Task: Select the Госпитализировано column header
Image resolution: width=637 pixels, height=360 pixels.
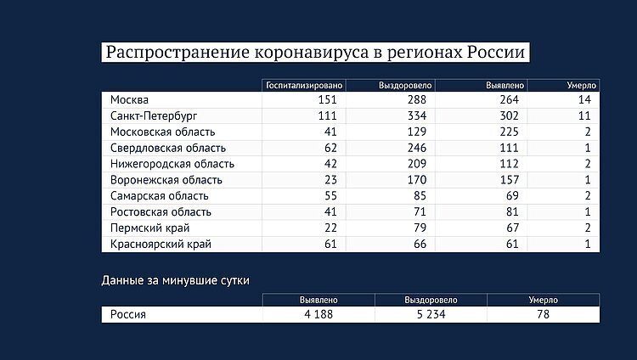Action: point(303,86)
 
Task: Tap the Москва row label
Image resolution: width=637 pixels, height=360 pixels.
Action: point(129,100)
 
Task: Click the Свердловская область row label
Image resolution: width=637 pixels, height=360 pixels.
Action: point(166,148)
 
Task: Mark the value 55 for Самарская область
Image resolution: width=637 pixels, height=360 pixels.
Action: point(330,196)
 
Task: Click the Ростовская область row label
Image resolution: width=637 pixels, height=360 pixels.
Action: point(161,212)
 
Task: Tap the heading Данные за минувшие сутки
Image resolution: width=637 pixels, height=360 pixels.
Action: point(176,279)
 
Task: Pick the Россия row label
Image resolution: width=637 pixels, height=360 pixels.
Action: point(128,314)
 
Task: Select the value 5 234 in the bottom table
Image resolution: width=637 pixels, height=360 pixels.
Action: point(431,314)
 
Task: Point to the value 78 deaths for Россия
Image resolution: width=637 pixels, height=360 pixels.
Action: point(543,314)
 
